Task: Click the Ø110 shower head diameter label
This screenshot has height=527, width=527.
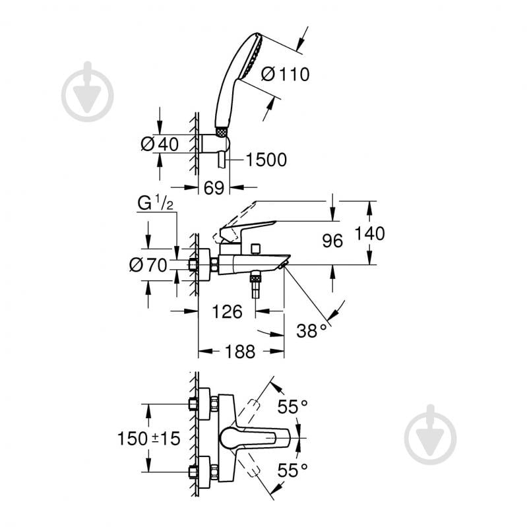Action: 285,74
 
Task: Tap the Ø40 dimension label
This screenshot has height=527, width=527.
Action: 160,144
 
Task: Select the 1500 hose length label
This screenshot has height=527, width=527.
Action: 266,160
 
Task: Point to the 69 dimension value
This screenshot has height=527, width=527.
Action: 213,188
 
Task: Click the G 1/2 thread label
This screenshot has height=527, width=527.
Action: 155,204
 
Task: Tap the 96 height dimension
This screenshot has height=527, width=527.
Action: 333,241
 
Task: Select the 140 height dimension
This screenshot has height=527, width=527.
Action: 369,233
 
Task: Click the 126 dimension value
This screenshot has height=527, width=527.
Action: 228,311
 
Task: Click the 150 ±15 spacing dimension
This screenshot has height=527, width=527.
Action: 148,438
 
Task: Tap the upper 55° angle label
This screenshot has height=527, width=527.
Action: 292,408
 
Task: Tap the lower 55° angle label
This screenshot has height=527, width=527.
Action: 292,470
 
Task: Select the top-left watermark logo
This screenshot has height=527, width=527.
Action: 88,92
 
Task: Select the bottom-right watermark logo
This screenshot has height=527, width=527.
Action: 430,435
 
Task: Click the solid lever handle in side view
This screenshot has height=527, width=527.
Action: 247,230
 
